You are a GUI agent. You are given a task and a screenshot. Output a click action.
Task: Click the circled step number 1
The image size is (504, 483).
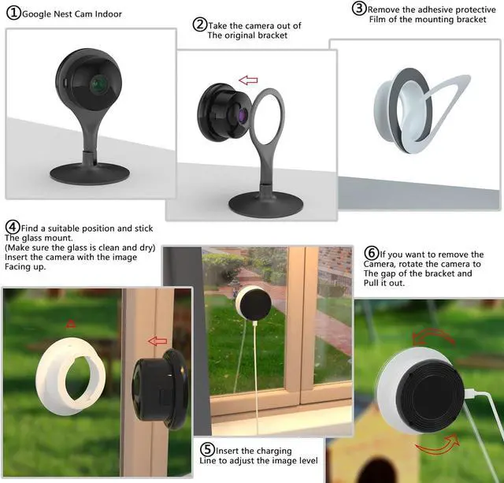13,13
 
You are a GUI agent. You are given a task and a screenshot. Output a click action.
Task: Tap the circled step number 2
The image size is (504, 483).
200,24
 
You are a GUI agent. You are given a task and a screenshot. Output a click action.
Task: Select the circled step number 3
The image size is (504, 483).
358,9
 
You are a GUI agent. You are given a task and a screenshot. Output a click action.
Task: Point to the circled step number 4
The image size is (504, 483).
12,228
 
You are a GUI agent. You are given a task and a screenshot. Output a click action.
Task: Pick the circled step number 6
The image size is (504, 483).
372,253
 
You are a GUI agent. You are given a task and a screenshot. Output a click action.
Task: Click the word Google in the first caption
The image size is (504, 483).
39,14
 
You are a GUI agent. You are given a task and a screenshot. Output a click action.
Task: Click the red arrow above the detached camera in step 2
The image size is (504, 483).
248,80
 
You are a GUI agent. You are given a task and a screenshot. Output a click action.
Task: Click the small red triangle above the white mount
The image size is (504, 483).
71,323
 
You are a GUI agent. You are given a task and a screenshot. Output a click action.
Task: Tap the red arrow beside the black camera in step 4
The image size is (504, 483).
158,341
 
